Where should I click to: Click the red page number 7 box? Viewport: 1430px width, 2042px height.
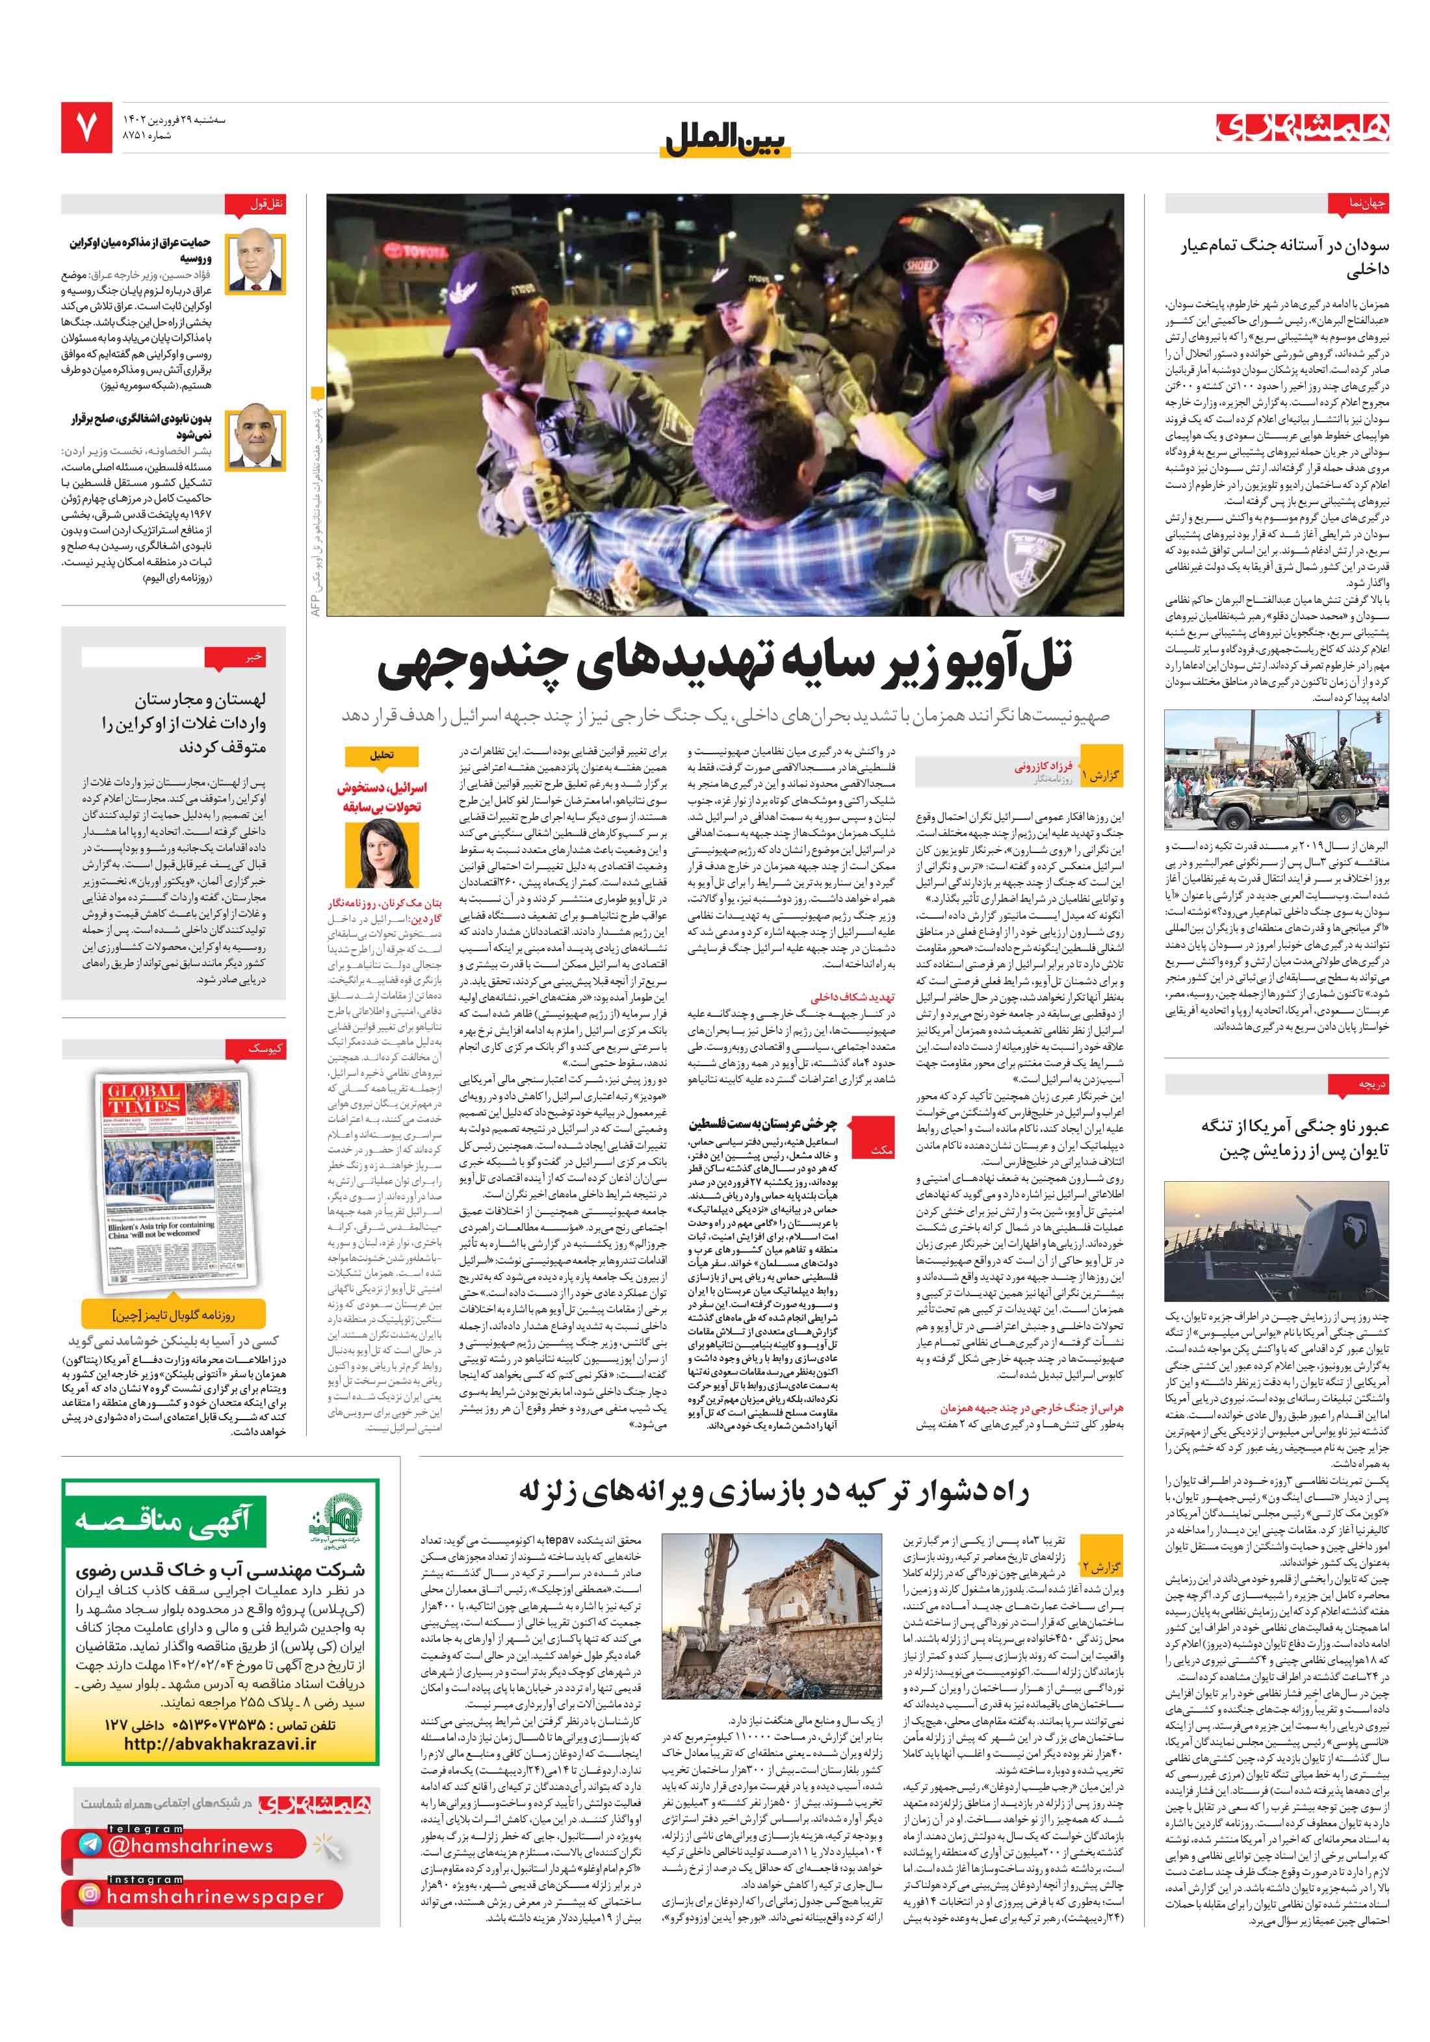click(x=86, y=126)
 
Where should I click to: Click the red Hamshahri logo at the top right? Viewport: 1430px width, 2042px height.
click(x=1302, y=127)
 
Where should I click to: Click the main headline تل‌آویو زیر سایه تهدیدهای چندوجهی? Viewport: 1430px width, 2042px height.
click(x=725, y=665)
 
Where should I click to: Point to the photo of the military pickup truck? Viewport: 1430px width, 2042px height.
click(x=1275, y=770)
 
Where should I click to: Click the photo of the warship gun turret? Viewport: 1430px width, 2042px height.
click(x=1275, y=1242)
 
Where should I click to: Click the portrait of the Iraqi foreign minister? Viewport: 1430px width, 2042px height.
click(x=255, y=263)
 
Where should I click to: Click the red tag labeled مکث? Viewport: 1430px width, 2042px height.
click(x=880, y=1150)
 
